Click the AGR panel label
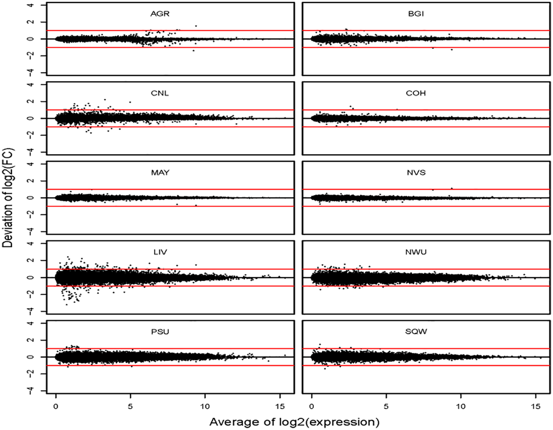(160, 14)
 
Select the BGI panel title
(416, 14)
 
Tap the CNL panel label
(160, 93)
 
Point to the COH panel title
(416, 93)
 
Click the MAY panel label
(160, 173)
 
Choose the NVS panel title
(416, 173)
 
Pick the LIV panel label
(160, 252)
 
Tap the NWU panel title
(416, 252)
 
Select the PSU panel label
(160, 332)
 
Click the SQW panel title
(416, 332)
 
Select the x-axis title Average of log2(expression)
(294, 422)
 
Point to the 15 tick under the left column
(280, 406)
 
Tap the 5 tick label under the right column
(386, 406)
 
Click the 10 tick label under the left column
(205, 406)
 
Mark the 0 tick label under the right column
(312, 406)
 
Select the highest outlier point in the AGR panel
(196, 26)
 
